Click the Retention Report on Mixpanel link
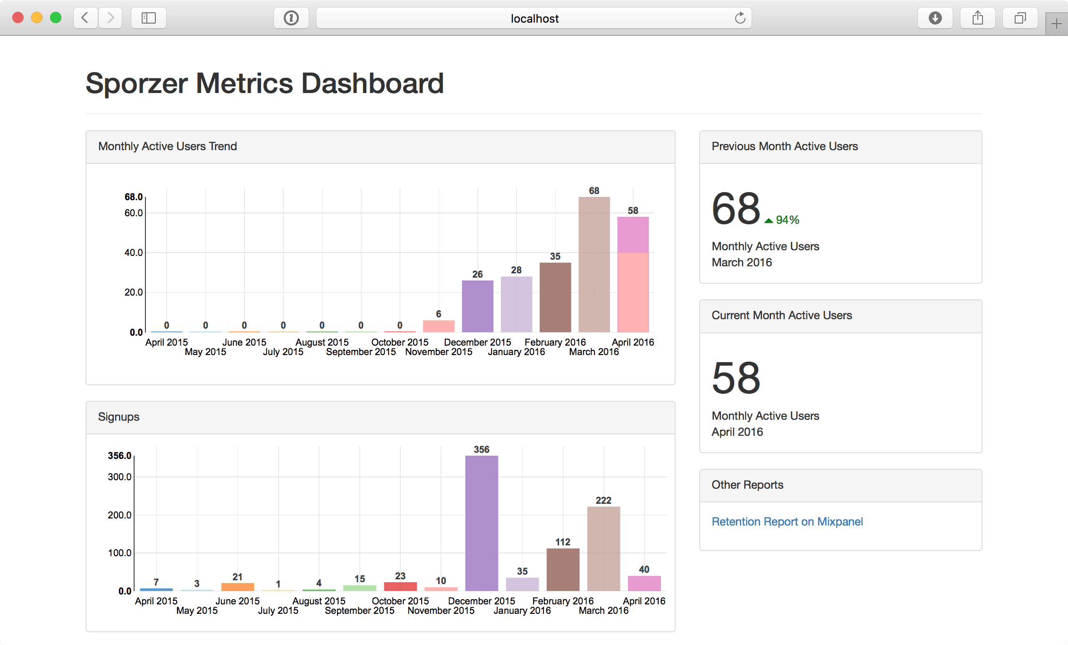pos(787,521)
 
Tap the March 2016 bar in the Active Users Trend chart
pos(594,264)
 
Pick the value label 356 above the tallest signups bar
pos(481,450)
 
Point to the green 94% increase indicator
pos(782,220)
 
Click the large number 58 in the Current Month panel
pos(736,378)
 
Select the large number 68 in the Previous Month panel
pos(736,209)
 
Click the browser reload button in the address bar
pos(740,18)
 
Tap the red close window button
pos(18,18)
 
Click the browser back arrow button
pos(85,18)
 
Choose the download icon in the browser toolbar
pos(935,18)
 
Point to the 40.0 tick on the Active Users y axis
pos(134,253)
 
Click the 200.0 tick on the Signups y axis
pos(119,515)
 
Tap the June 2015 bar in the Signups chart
pos(237,587)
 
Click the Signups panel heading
pos(119,417)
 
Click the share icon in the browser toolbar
pos(977,18)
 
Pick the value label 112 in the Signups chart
pos(563,542)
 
